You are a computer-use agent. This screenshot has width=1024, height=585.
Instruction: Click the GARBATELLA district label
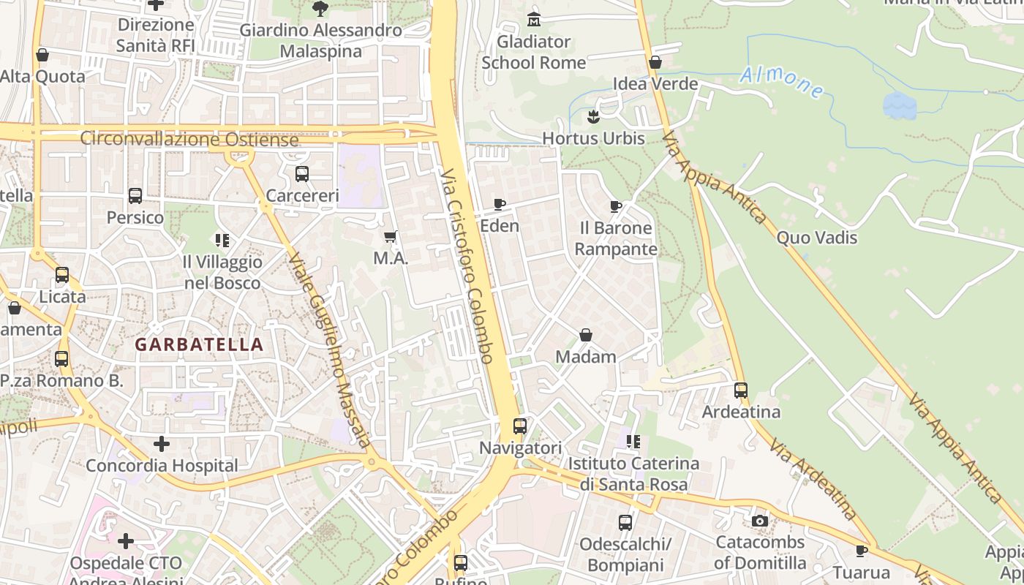199,344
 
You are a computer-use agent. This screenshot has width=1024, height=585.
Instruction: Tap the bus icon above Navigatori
520,426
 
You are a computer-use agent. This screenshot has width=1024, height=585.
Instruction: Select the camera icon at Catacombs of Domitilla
760,521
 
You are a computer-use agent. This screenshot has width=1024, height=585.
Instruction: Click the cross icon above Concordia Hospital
162,443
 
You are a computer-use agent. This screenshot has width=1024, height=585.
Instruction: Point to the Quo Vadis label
816,238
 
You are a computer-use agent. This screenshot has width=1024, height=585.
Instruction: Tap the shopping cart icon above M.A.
391,236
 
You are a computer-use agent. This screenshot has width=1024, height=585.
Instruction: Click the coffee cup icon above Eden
500,204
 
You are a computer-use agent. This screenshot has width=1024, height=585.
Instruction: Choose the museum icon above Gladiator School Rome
534,19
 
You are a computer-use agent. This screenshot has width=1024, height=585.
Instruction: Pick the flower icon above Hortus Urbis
593,116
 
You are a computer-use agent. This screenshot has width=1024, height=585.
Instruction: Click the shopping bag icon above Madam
586,335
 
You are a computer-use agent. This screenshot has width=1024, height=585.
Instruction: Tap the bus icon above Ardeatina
741,390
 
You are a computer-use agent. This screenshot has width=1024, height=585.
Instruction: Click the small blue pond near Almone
899,105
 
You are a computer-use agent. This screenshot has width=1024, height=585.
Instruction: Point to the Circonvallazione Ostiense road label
189,138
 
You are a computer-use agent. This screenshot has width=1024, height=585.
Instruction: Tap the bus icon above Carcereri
302,174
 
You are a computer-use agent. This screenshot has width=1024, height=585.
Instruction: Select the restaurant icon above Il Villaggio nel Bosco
222,240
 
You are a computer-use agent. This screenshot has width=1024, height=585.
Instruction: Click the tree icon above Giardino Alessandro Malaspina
320,9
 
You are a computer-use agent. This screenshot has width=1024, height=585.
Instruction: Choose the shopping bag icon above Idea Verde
655,62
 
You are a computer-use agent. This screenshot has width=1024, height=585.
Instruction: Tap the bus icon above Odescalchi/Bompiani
625,522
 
